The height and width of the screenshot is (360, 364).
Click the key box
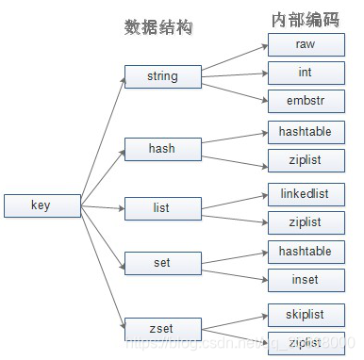pos(41,206)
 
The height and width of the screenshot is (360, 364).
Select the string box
pos(162,76)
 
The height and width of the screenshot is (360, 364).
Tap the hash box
pos(162,149)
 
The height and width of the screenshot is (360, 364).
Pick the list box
pos(162,208)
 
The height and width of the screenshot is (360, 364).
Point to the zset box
pos(162,329)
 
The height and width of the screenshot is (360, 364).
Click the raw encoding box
pos(306,44)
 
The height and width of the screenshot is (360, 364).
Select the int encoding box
pos(306,73)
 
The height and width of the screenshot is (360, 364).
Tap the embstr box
pos(306,101)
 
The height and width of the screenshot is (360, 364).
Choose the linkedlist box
pos(306,194)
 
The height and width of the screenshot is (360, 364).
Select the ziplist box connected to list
pos(306,222)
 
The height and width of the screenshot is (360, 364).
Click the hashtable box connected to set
pos(306,251)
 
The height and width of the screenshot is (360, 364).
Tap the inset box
pos(306,279)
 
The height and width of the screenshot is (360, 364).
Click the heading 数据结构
pos(158,27)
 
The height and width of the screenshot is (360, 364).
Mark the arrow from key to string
pos(102,141)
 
